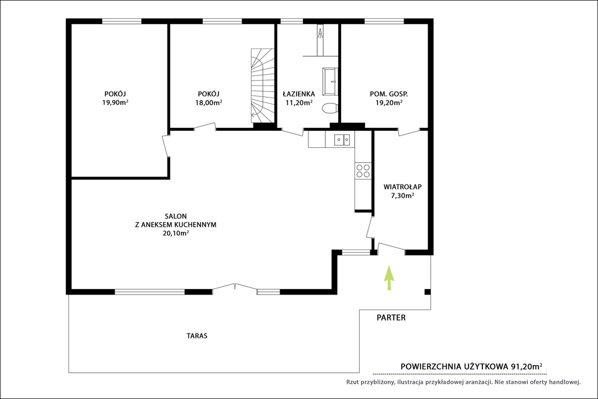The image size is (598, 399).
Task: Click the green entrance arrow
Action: pyautogui.click(x=388, y=278)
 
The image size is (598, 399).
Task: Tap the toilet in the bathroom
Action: pyautogui.click(x=329, y=108)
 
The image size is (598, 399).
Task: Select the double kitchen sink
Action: pyautogui.click(x=342, y=140)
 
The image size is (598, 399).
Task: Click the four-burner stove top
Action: pyautogui.click(x=363, y=171)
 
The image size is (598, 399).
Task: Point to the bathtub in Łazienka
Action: pyautogui.click(x=330, y=81)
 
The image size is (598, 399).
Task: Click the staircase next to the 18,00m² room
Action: pyautogui.click(x=262, y=85)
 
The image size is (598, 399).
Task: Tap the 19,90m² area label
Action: pyautogui.click(x=115, y=102)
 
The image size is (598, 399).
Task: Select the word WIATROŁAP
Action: pyautogui.click(x=402, y=187)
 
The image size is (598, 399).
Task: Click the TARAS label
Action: pyautogui.click(x=197, y=336)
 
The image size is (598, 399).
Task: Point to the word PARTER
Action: pyautogui.click(x=391, y=317)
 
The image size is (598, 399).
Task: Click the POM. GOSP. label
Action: pyautogui.click(x=388, y=94)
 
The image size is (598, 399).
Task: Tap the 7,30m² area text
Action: pyautogui.click(x=403, y=196)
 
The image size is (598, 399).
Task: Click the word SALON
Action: pyautogui.click(x=176, y=216)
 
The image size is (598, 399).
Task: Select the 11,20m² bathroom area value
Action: pyautogui.click(x=299, y=102)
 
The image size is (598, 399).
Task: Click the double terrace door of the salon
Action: pyautogui.click(x=235, y=288)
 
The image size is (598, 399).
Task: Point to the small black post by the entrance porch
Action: pyautogui.click(x=427, y=292)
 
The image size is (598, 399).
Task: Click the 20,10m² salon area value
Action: pyautogui.click(x=176, y=233)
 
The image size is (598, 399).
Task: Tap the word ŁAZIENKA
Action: pyautogui.click(x=298, y=93)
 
